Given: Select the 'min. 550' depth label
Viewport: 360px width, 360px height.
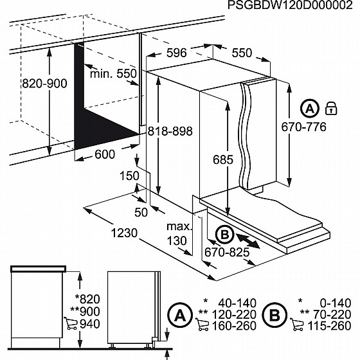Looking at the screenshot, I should (114, 74).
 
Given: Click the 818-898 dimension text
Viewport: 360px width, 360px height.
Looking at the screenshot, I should (170, 130).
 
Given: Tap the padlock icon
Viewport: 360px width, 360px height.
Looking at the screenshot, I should (331, 107).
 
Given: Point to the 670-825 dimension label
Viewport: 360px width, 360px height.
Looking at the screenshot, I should (227, 252).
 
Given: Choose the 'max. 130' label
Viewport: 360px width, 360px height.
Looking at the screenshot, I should (179, 233).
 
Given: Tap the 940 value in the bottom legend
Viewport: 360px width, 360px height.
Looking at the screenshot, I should (89, 323).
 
